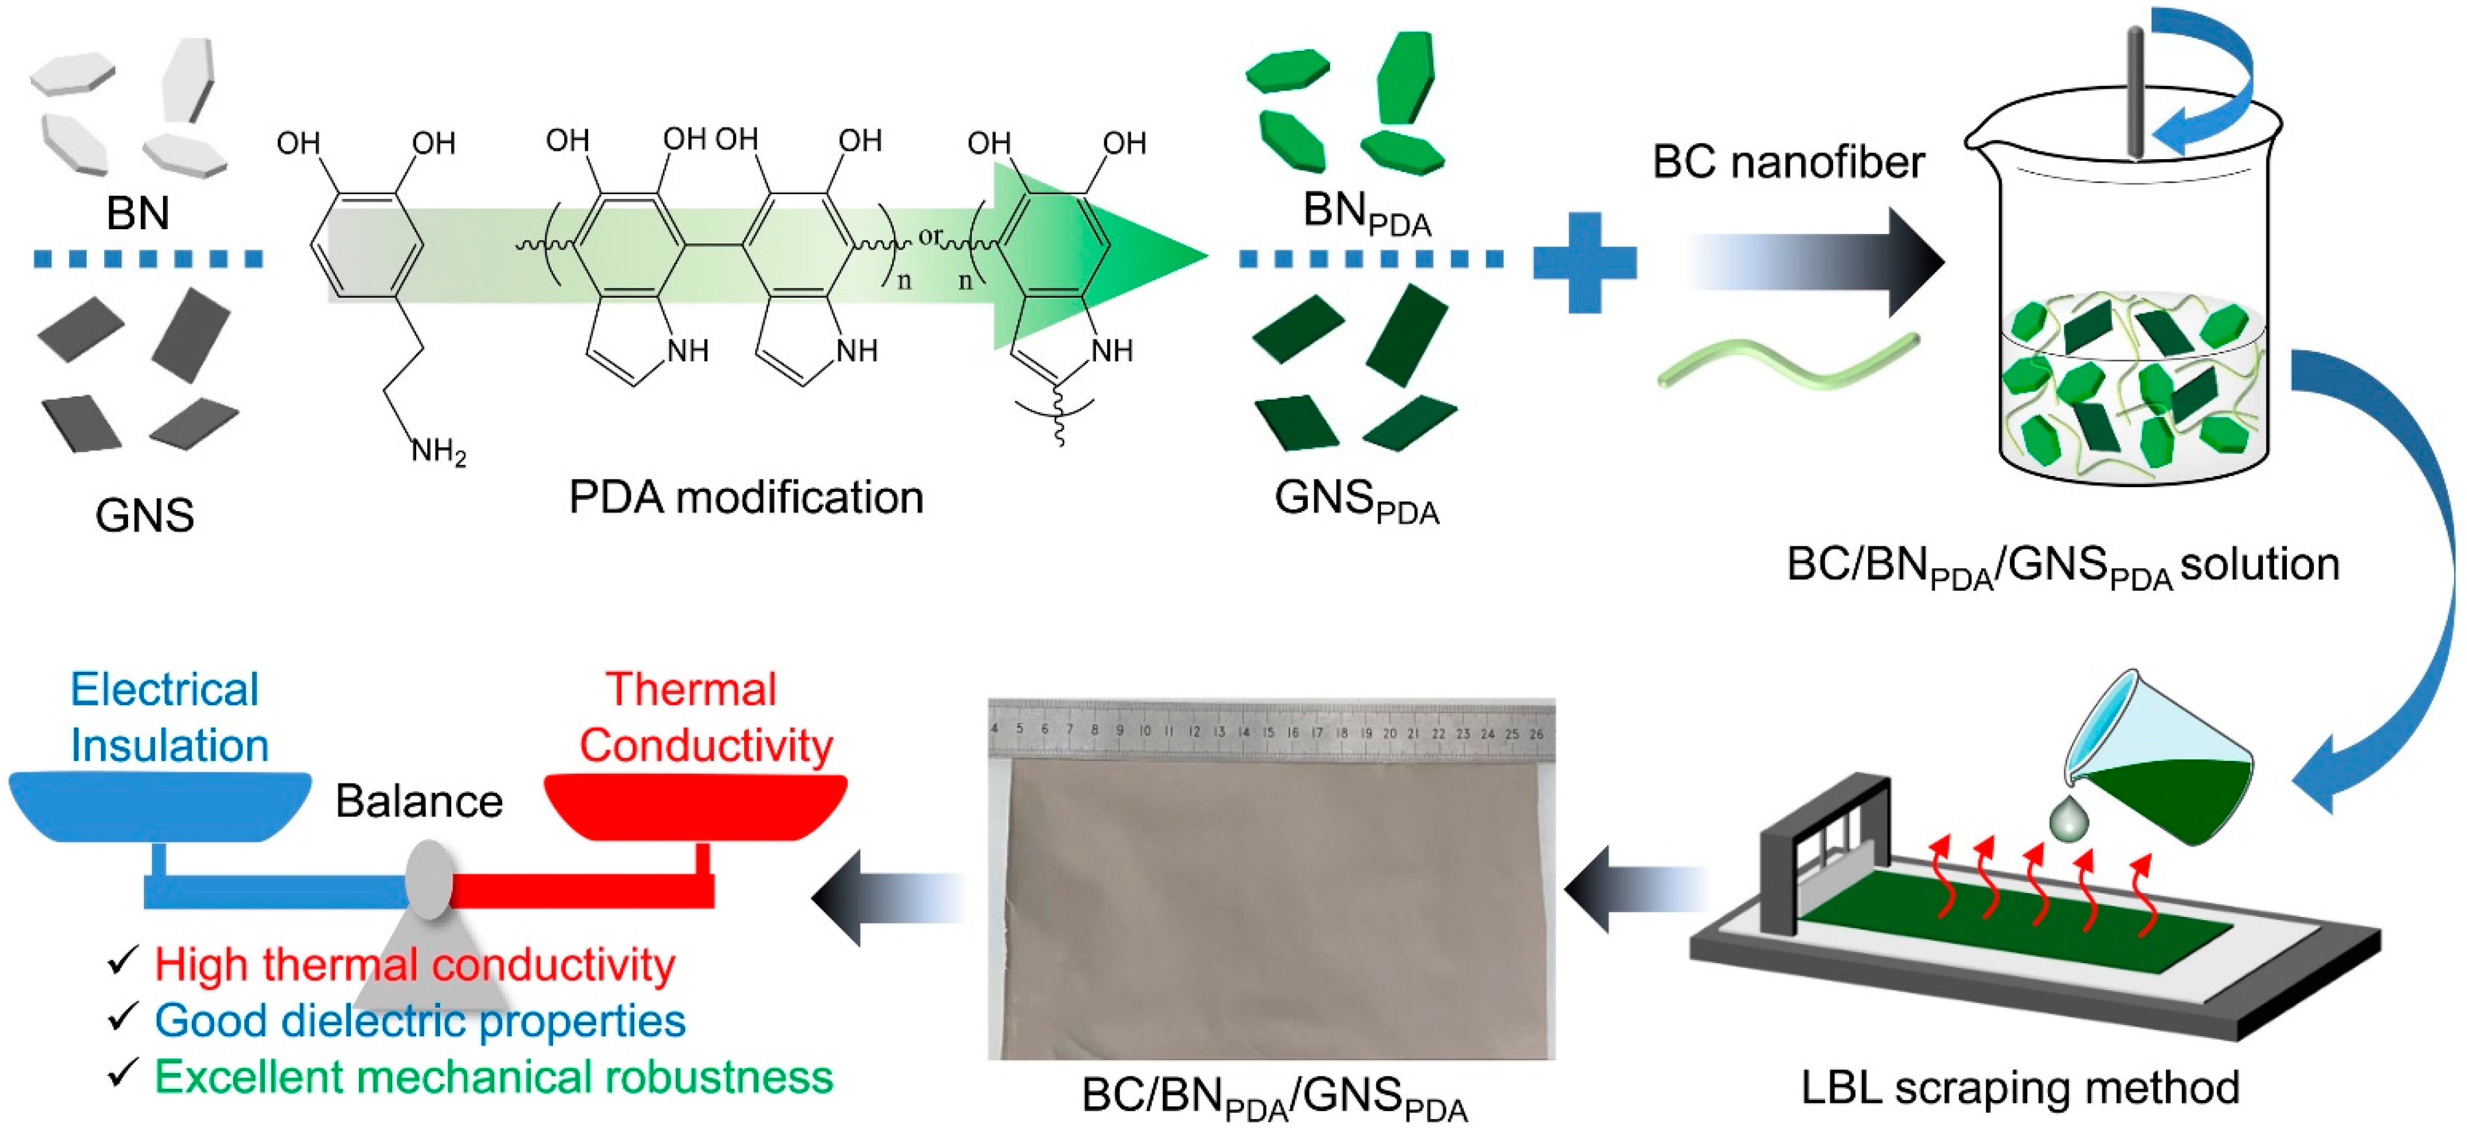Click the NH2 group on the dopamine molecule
click(x=438, y=450)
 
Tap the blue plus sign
click(x=1584, y=261)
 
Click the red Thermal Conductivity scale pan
click(x=695, y=806)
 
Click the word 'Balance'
click(x=419, y=801)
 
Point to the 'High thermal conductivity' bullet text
click(x=414, y=964)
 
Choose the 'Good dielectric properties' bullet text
click(x=420, y=1021)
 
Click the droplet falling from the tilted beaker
click(x=2067, y=820)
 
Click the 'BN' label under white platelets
click(x=138, y=213)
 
